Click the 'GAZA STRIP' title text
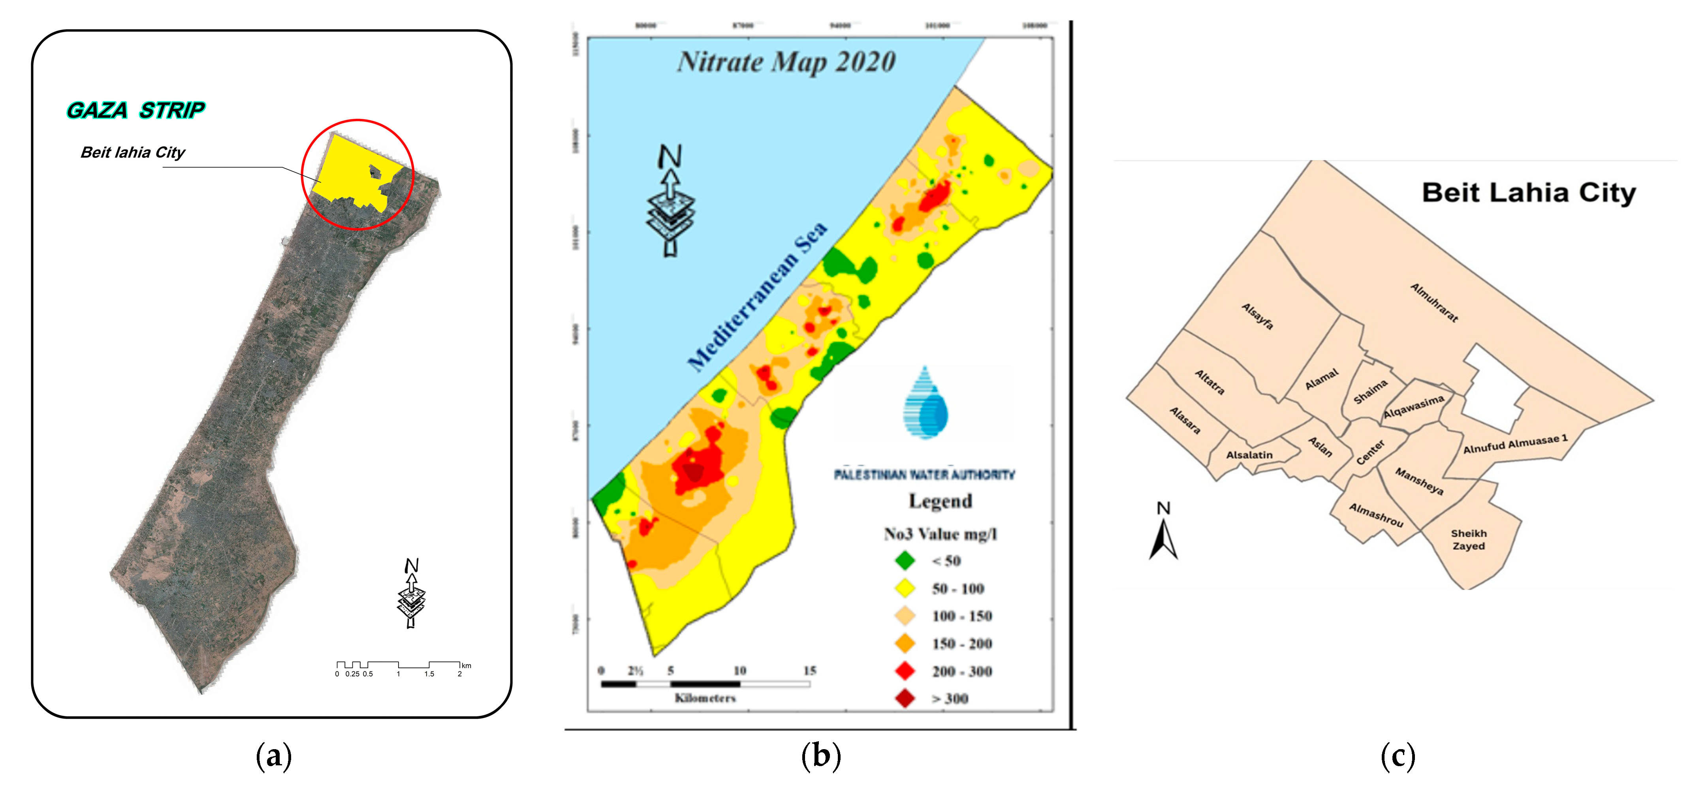point(135,110)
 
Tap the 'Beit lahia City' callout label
point(133,152)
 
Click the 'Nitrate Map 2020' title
point(786,62)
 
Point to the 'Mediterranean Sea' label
point(757,297)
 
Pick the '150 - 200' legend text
point(961,644)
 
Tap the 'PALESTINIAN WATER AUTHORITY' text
point(924,474)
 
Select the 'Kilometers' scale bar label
point(705,698)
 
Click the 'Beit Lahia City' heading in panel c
point(1528,193)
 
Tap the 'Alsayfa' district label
point(1257,316)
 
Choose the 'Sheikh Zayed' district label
point(1468,539)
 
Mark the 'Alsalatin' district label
point(1249,455)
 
